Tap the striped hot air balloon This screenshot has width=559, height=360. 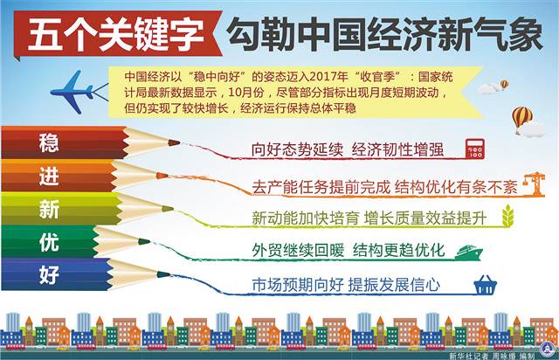(x=522, y=117)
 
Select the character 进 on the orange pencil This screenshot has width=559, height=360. (x=50, y=175)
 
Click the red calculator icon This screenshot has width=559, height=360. (x=475, y=147)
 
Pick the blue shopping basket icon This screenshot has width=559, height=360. (x=484, y=285)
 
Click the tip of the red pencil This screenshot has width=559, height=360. (x=175, y=142)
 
